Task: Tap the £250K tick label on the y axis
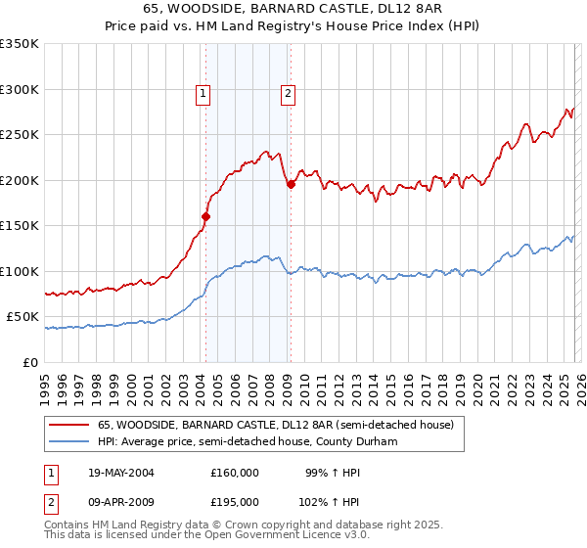point(20,135)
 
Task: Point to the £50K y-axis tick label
point(23,317)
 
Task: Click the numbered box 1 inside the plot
point(203,94)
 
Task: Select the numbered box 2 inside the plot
point(289,94)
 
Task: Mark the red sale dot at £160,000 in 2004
point(206,217)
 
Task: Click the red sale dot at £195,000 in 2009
point(291,185)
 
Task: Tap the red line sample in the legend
point(69,426)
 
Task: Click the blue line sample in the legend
point(69,440)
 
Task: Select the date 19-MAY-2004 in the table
point(120,473)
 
